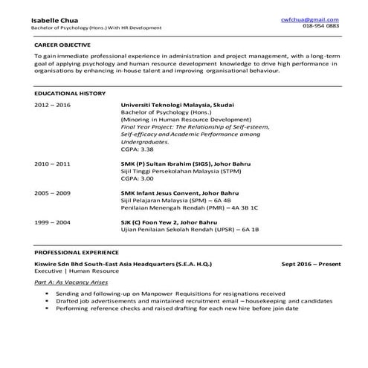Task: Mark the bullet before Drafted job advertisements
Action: pos(47,300)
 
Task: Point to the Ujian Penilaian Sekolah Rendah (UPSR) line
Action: pos(190,230)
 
